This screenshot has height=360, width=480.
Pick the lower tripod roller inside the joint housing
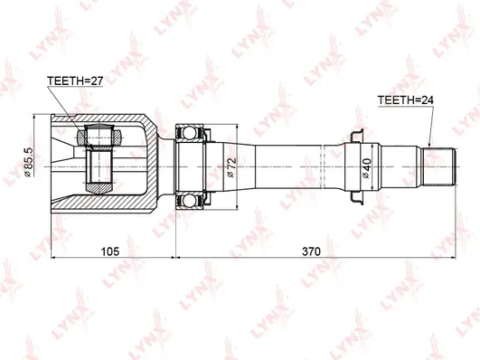[x=99, y=175]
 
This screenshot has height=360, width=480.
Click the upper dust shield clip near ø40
[x=353, y=134]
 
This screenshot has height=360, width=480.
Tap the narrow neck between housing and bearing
[x=165, y=166]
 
